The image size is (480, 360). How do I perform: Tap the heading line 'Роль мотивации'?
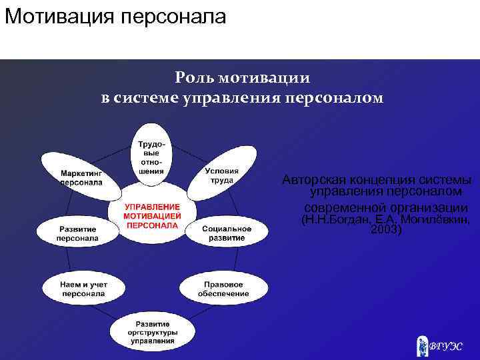[242, 77]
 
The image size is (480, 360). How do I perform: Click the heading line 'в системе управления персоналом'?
[242, 98]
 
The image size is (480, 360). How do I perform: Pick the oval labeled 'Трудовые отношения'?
[151, 157]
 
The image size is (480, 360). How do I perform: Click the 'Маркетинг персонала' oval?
[79, 175]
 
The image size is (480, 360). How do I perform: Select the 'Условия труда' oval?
[221, 173]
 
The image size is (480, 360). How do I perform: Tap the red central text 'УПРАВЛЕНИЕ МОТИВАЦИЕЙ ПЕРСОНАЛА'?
[152, 216]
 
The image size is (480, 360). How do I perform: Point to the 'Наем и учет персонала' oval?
[83, 288]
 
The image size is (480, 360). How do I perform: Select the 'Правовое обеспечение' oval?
[223, 288]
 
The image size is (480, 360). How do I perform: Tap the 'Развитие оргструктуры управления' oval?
[152, 331]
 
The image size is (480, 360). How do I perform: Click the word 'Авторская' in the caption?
[311, 180]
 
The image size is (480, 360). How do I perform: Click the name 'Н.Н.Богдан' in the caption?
[333, 219]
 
